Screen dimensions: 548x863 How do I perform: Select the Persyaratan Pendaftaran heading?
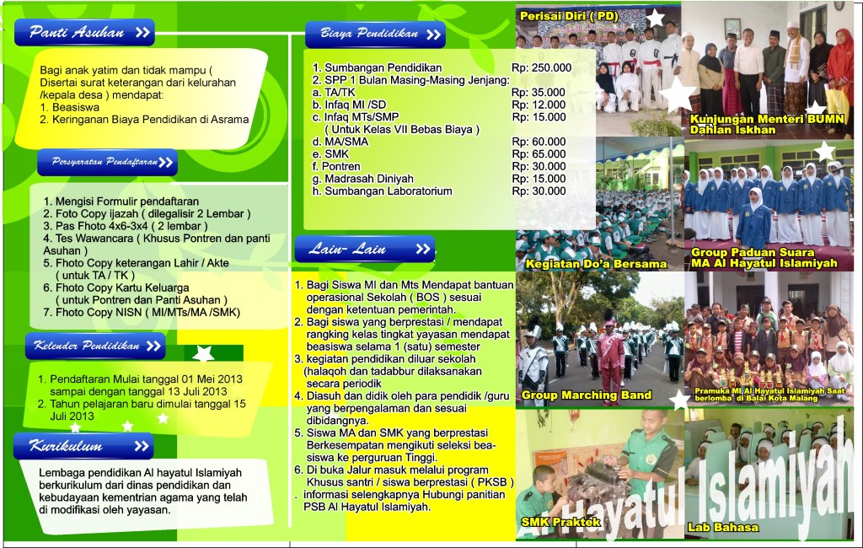point(107,162)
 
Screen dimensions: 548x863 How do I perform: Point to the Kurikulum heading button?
point(83,445)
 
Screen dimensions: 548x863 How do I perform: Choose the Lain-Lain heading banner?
point(363,249)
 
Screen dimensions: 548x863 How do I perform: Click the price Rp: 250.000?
point(541,68)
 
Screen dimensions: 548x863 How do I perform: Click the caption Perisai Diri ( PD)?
point(569,16)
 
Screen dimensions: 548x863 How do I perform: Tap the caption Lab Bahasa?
point(724,528)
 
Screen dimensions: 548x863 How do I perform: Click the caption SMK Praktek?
point(560,523)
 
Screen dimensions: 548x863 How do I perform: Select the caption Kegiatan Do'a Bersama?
point(596,264)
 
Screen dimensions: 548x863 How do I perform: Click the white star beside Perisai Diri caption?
point(656,18)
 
